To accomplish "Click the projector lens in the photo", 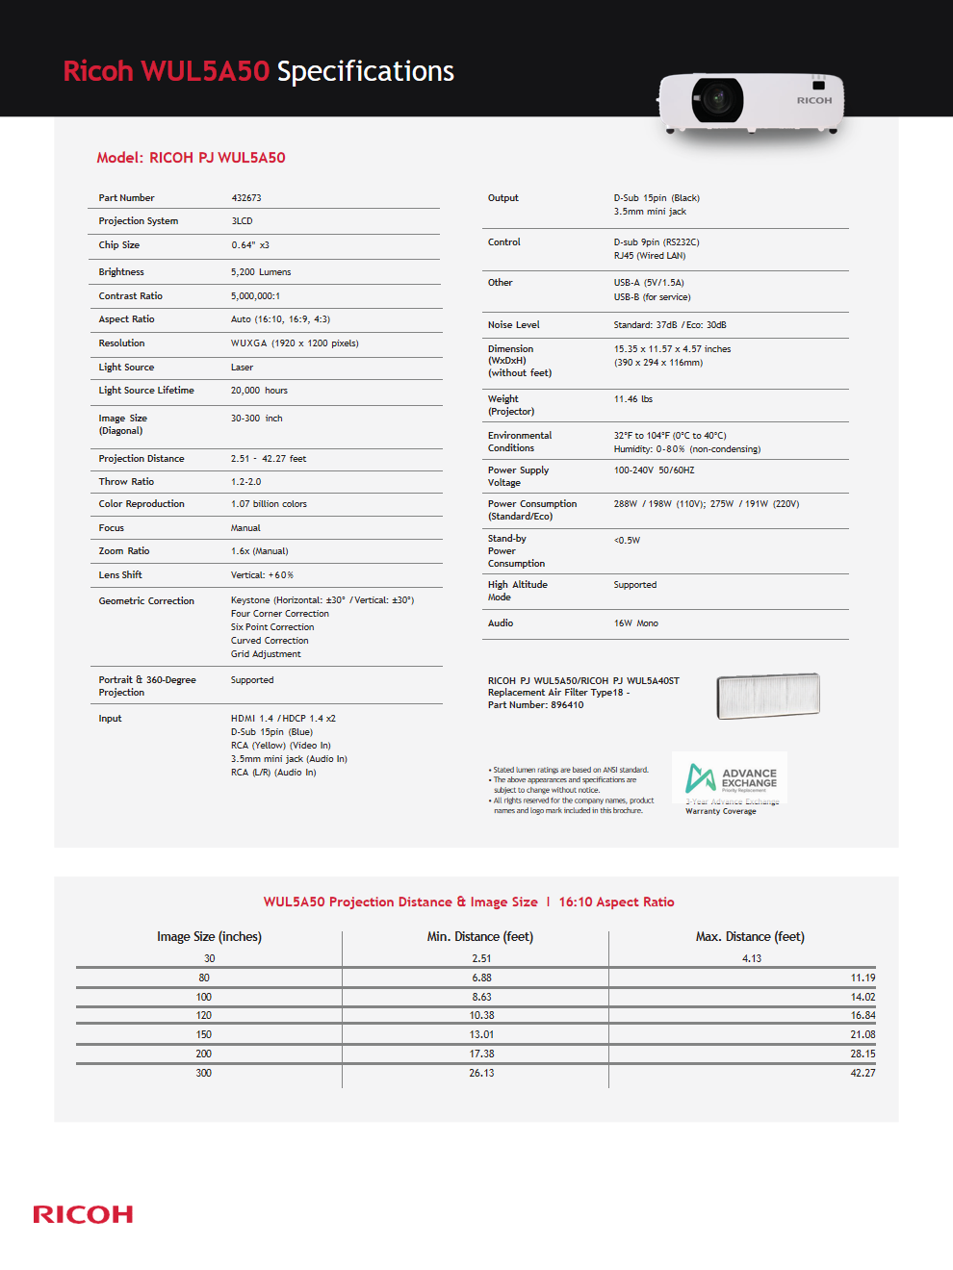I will (716, 98).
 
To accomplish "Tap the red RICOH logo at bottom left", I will (83, 1214).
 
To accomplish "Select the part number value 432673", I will (246, 198).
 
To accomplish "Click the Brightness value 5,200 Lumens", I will (261, 272).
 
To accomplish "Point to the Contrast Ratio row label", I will (131, 296).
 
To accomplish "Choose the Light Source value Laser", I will (242, 368).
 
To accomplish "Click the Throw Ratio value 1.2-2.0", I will (245, 482).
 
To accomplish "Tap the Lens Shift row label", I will (120, 575).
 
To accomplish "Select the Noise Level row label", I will (514, 325).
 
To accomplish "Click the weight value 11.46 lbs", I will (633, 399).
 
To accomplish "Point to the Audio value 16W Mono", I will (636, 623).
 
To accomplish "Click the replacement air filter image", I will (768, 696).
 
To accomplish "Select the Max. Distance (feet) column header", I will (750, 937).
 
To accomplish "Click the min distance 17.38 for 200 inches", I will (481, 1054).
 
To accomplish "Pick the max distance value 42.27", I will (863, 1073).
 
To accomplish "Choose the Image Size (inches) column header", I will (209, 937).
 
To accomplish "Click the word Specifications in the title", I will (366, 71).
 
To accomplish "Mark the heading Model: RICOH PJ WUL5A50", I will (191, 158).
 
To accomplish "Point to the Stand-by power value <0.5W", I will (627, 541).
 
